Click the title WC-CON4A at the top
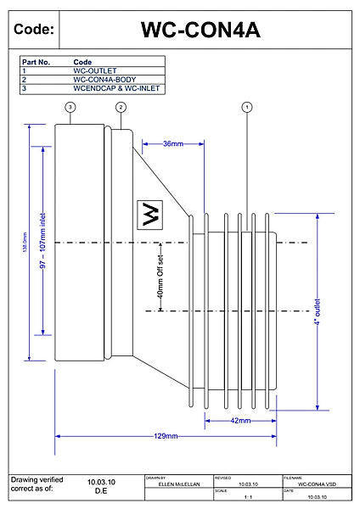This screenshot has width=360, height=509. coord(200,30)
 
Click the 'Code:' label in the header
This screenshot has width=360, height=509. coord(35,30)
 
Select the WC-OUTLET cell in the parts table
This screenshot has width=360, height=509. coord(95,70)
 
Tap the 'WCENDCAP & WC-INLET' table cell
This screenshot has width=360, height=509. coord(117,87)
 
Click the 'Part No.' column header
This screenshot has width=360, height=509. coord(36,62)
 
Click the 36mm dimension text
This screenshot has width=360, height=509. coord(173,143)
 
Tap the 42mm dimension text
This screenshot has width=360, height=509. coord(240,420)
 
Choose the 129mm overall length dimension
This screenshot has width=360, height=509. coord(166,436)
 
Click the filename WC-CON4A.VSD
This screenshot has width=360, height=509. coord(317,484)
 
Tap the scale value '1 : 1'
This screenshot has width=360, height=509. coord(248,498)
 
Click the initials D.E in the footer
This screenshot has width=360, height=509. coord(100,490)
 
